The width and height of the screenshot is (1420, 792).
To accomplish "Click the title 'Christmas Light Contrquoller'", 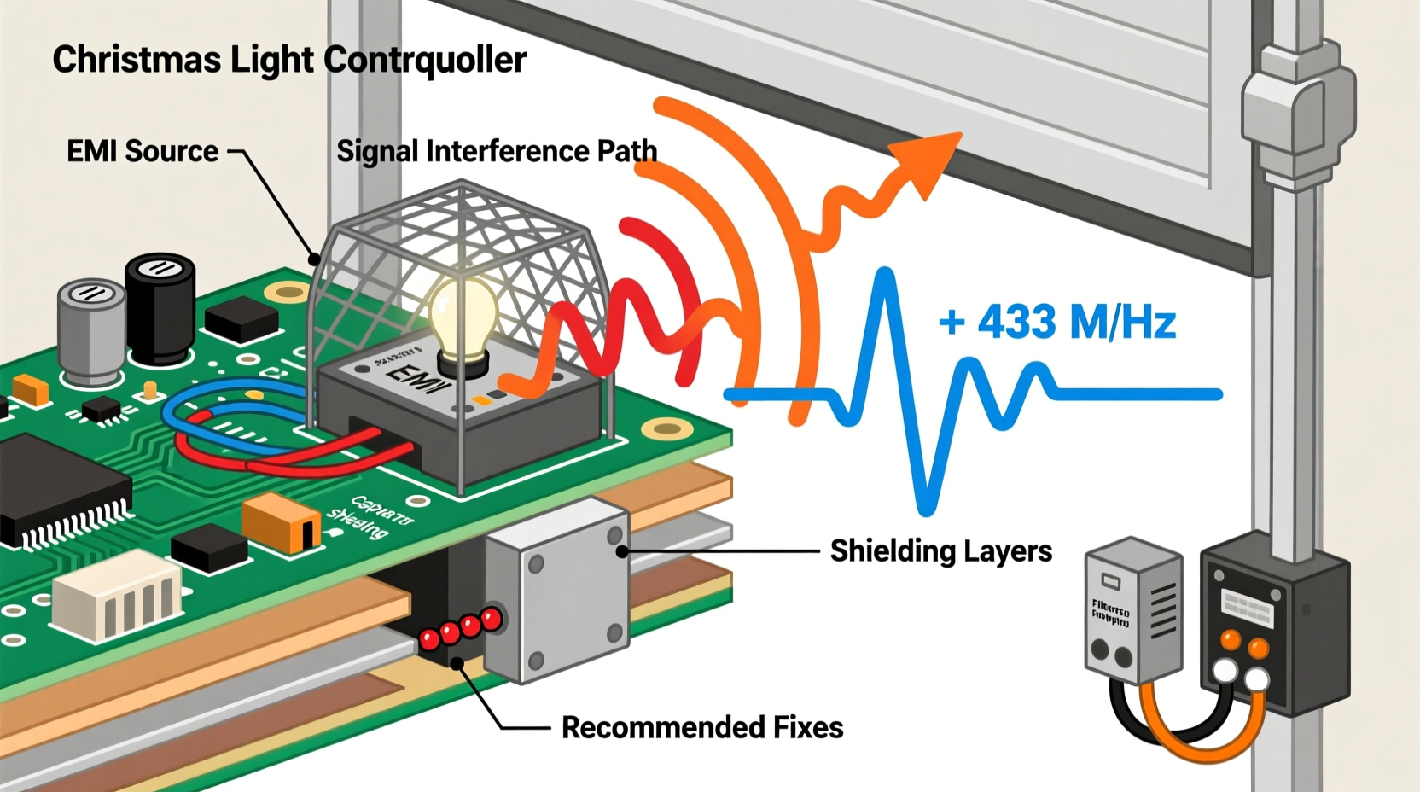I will pyautogui.click(x=289, y=60).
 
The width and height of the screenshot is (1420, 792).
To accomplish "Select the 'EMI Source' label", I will pyautogui.click(x=143, y=151).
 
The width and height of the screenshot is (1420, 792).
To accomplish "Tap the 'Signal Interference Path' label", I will pyautogui.click(x=497, y=151).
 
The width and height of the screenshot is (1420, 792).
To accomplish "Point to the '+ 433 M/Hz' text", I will pyautogui.click(x=1056, y=323).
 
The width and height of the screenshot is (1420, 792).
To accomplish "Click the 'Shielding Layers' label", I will pyautogui.click(x=940, y=550).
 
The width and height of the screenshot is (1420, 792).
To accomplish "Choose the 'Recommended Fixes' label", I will pyautogui.click(x=701, y=727).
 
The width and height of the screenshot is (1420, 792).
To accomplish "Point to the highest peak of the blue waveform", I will pyautogui.click(x=886, y=275).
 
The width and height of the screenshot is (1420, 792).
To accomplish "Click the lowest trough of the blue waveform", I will pyautogui.click(x=927, y=507).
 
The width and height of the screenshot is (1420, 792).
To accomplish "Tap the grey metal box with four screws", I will pyautogui.click(x=559, y=589).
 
